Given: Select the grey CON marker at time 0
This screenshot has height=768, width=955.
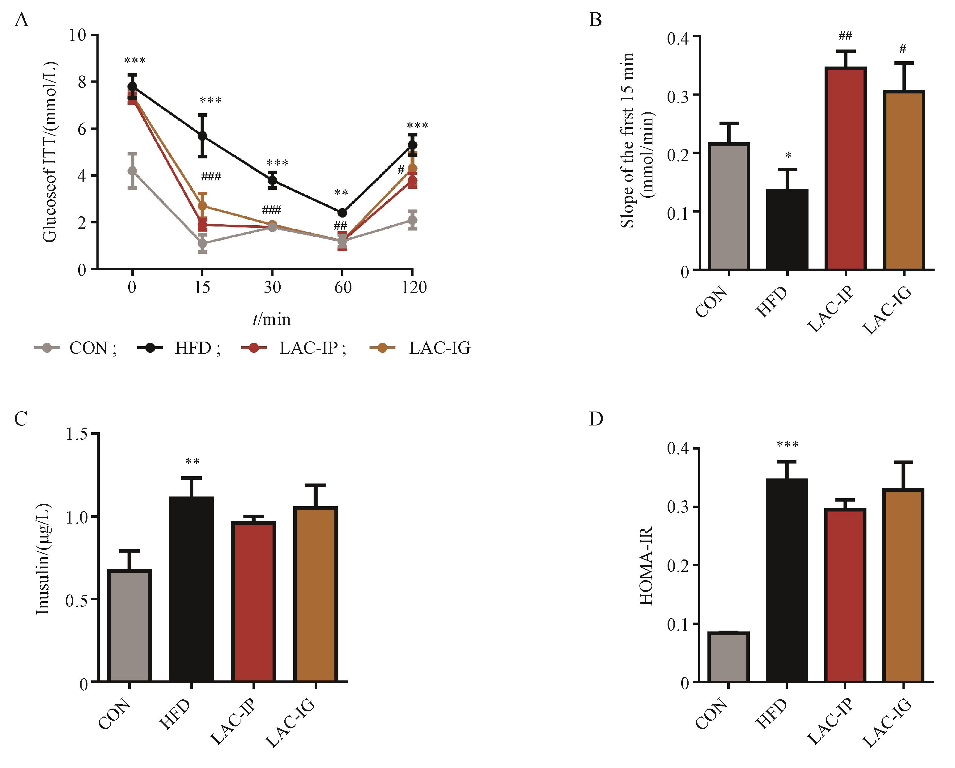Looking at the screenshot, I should [132, 171].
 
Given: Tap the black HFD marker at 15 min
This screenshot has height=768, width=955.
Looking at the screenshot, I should [202, 136].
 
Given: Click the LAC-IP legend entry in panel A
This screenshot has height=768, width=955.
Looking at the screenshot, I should [293, 348].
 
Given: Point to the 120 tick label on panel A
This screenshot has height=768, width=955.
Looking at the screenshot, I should [414, 287].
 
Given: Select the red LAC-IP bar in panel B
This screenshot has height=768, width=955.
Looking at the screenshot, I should [845, 169].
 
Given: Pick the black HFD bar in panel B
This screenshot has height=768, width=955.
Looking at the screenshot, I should [787, 229].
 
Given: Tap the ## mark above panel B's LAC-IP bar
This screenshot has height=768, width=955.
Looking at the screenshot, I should [845, 36].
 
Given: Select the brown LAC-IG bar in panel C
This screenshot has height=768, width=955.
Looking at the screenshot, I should [316, 594].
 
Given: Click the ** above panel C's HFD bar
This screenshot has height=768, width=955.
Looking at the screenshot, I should [192, 462].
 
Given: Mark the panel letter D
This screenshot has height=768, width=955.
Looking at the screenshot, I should [596, 419].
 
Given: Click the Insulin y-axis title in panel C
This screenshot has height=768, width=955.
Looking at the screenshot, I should [43, 559].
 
